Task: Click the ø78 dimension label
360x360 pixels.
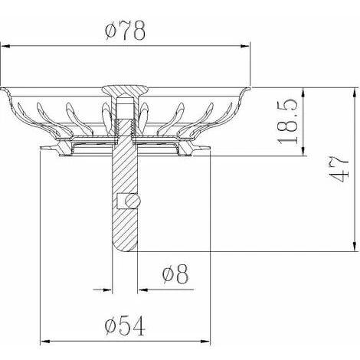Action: pyautogui.click(x=125, y=31)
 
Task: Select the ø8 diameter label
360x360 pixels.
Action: pyautogui.click(x=175, y=274)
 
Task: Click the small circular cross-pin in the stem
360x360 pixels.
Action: pyautogui.click(x=133, y=201)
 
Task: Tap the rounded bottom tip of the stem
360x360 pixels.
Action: pyautogui.click(x=125, y=247)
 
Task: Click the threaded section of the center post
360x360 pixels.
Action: pyautogui.click(x=125, y=128)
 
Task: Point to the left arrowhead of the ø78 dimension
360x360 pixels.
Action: pyautogui.click(x=5, y=46)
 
